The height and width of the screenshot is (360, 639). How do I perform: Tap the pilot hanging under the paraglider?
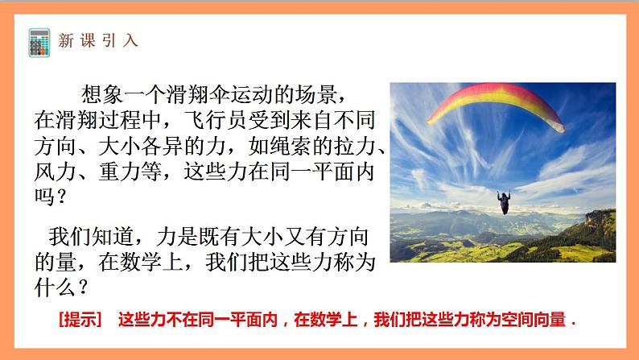[x=505, y=203]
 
